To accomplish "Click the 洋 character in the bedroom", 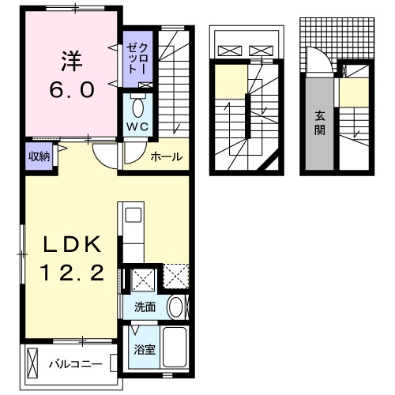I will pyautogui.click(x=72, y=59).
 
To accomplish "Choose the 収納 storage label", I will pyautogui.click(x=39, y=156).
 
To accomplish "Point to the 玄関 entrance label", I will pyautogui.click(x=320, y=122).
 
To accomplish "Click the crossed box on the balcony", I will pyautogui.click(x=32, y=363).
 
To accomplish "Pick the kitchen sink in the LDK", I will pyautogui.click(x=132, y=215).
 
